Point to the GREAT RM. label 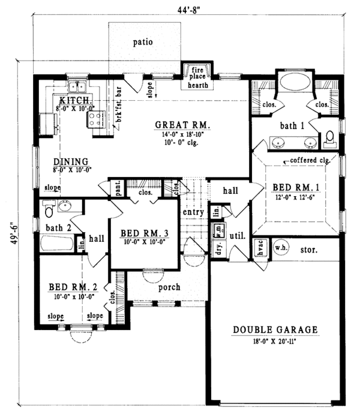click(182, 125)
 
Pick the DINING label click(71, 162)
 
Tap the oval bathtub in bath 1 click(292, 83)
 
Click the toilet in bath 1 click(329, 140)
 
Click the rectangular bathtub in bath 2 click(58, 245)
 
